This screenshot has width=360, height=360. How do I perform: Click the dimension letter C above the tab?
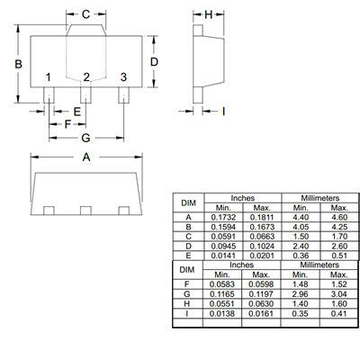[x=85, y=14]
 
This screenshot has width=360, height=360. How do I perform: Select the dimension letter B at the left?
[x=18, y=64]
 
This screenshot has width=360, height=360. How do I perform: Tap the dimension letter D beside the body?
[x=154, y=62]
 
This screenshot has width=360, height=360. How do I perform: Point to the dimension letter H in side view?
[x=209, y=14]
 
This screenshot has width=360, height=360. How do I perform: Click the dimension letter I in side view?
[x=223, y=112]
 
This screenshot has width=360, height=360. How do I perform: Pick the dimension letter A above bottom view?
[x=86, y=157]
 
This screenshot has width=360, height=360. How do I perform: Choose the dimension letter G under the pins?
[x=85, y=138]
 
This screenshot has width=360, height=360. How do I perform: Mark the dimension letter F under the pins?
[x=67, y=124]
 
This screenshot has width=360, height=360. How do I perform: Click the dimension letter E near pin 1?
[x=77, y=112]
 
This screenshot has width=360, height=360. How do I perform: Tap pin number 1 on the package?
[x=48, y=77]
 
